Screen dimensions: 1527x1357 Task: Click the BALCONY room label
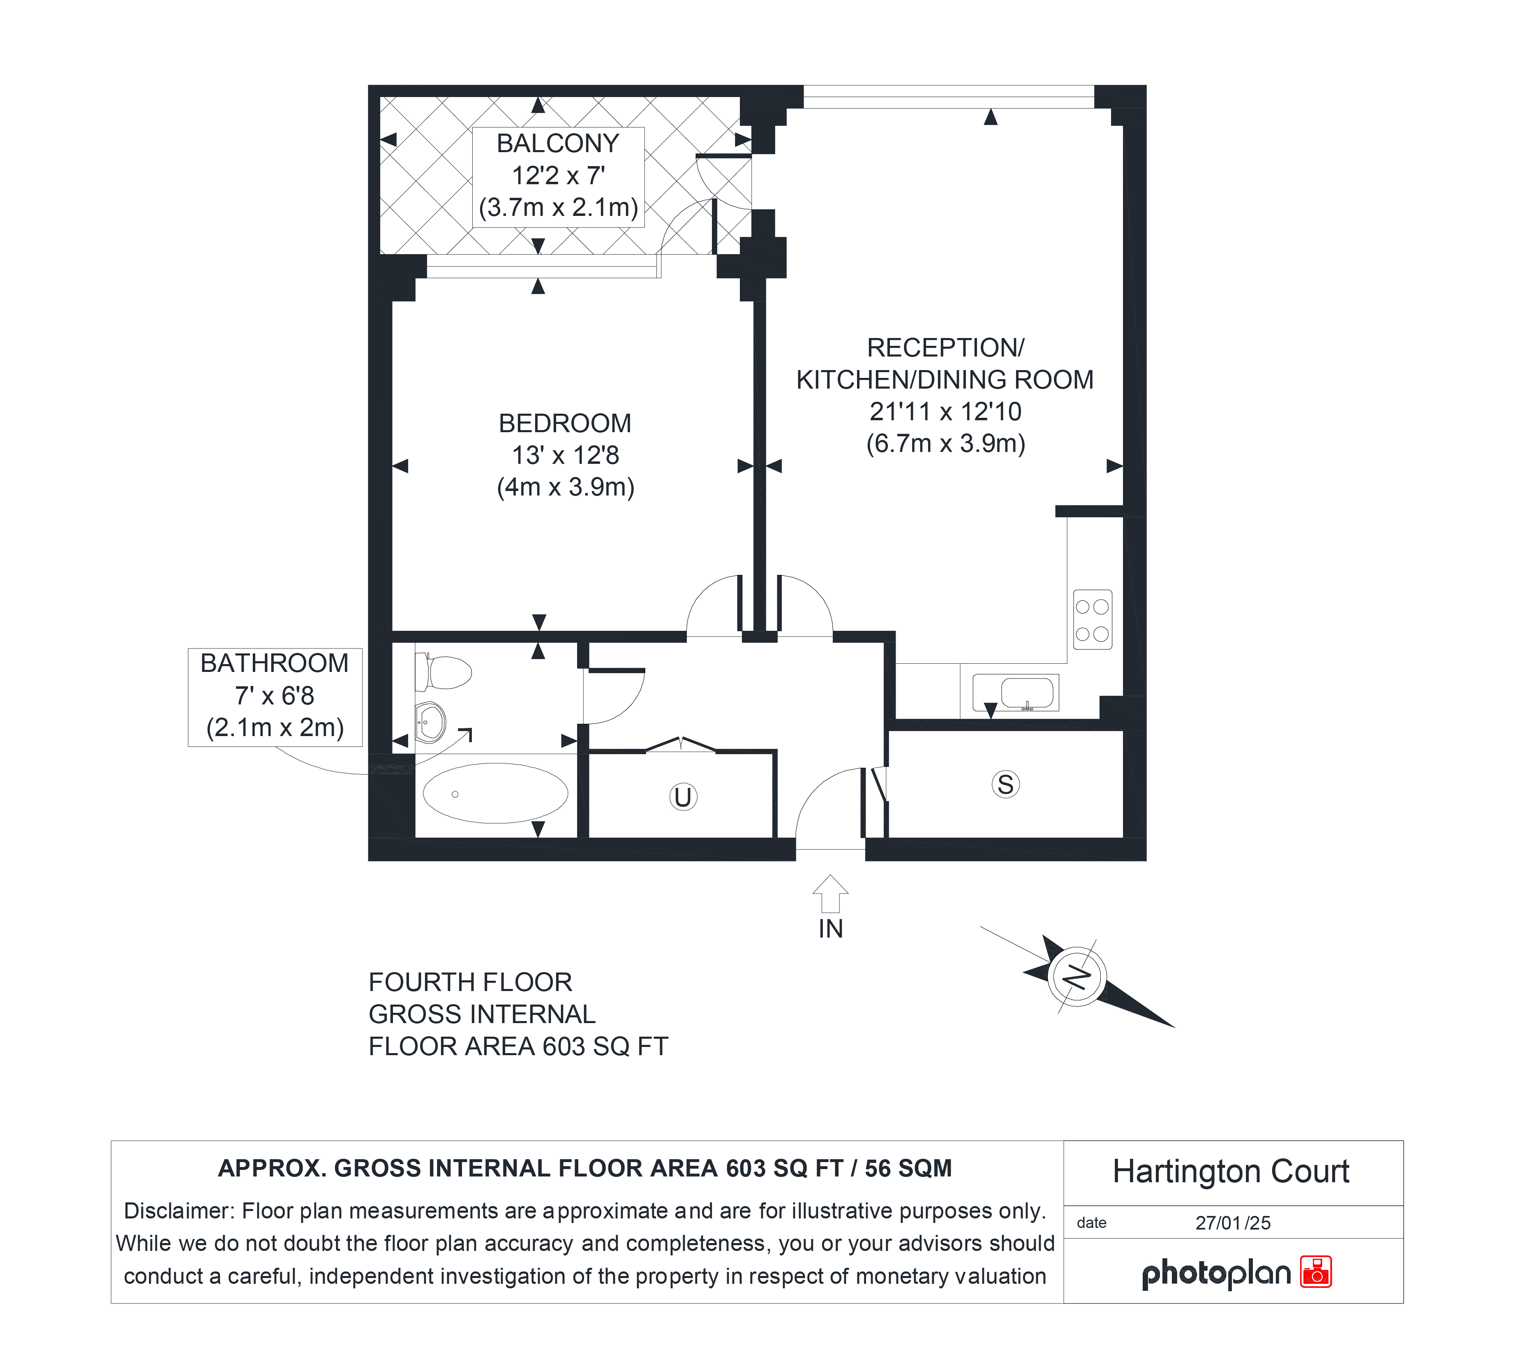click(x=558, y=143)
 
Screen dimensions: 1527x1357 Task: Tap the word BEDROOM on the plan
click(x=565, y=423)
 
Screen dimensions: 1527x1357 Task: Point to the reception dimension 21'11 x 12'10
click(x=945, y=412)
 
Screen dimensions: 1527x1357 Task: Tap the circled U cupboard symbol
click(x=683, y=797)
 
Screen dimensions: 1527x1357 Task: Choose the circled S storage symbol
click(x=1005, y=785)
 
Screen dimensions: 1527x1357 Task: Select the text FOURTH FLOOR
click(x=471, y=982)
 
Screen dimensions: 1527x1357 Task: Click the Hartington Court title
click(x=1231, y=1172)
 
